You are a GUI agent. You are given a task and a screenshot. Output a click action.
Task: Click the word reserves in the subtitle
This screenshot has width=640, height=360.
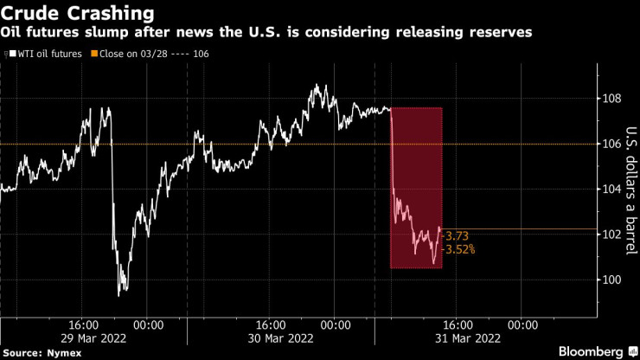click(502, 33)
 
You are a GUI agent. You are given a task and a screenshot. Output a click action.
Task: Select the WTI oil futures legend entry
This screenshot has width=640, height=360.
click(48, 54)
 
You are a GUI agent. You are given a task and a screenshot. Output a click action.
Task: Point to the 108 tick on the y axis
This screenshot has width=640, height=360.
click(612, 98)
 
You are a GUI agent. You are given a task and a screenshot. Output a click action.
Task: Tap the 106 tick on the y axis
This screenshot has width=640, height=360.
click(612, 144)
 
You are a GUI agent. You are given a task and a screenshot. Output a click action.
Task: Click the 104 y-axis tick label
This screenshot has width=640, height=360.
click(612, 189)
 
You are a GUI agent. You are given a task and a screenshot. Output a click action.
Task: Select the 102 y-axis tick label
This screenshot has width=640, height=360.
click(612, 235)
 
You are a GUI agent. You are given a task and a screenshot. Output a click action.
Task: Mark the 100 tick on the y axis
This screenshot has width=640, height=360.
click(612, 280)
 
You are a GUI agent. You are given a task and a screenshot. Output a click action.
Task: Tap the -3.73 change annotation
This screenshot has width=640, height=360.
click(458, 235)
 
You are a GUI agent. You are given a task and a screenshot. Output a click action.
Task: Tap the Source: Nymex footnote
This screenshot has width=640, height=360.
click(39, 352)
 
